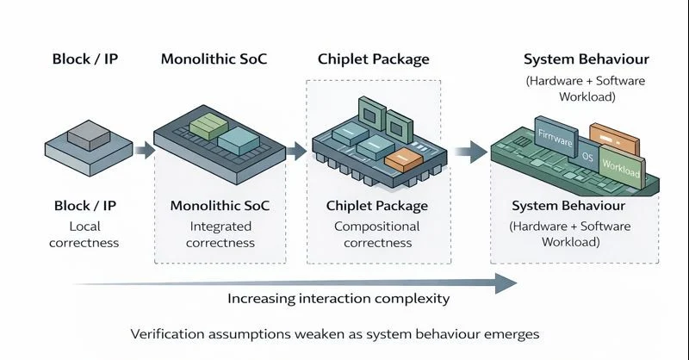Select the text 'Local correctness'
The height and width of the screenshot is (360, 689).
click(84, 234)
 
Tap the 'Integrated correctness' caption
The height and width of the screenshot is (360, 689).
click(221, 234)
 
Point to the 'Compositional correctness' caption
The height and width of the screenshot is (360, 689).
click(376, 234)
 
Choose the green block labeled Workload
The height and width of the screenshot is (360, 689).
click(621, 167)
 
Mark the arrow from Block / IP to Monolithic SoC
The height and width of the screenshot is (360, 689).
click(144, 151)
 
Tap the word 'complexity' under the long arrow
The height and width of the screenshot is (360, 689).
click(413, 299)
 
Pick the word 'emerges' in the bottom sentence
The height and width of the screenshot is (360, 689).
click(513, 333)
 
